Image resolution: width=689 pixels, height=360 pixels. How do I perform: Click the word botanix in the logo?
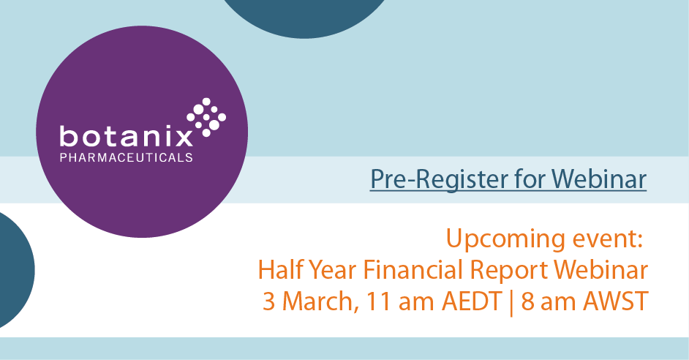pyautogui.click(x=125, y=136)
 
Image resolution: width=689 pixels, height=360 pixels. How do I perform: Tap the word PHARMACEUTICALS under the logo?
pyautogui.click(x=126, y=157)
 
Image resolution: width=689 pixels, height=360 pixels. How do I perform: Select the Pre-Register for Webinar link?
pyautogui.click(x=508, y=178)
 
